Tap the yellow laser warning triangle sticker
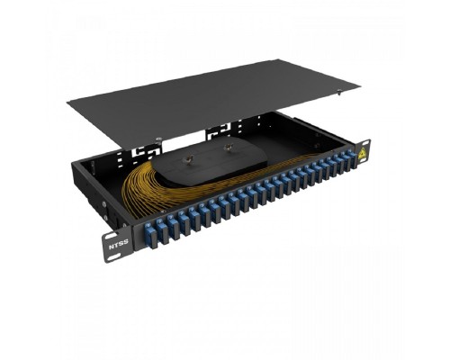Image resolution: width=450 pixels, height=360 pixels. click(363, 152)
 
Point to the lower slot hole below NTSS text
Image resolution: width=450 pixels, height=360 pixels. click(113, 257)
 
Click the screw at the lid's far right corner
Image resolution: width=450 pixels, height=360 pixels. click(339, 91)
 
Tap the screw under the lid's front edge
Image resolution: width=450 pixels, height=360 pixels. click(158, 139)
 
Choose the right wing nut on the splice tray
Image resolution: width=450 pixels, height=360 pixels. click(228, 148)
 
